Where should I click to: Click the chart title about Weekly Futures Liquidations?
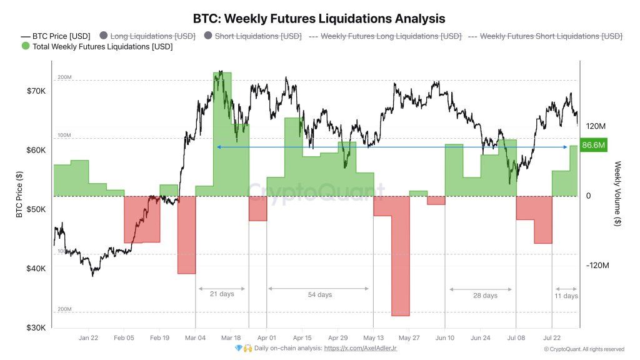tap(319, 19)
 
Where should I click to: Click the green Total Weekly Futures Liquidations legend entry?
tap(97, 46)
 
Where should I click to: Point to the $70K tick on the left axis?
tap(36, 91)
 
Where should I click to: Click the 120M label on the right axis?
tap(595, 126)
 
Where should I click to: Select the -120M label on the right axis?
tap(597, 266)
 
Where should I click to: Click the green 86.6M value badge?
tap(593, 146)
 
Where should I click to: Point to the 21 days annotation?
tap(222, 294)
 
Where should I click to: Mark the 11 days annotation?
tap(566, 296)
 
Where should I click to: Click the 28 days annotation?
tap(485, 296)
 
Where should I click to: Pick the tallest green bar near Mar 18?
tap(222, 125)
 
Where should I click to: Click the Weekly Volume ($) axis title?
tap(617, 194)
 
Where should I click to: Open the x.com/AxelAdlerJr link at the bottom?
tap(359, 348)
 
